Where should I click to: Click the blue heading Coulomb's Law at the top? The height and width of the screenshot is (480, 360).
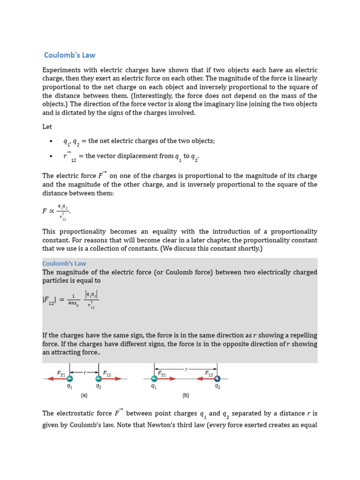69,55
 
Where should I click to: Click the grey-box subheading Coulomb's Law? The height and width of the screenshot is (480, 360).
64,263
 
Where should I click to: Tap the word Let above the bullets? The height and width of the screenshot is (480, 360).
47,127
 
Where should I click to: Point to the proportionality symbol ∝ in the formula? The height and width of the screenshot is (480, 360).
52,211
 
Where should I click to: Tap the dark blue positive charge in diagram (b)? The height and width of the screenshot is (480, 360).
217,378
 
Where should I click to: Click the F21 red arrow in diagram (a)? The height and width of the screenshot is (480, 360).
56,378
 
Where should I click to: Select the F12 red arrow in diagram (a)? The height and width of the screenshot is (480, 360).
112,378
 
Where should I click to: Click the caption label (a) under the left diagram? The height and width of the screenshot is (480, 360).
84,395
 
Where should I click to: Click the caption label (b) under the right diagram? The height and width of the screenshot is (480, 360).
186,395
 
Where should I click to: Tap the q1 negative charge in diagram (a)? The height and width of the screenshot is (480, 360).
70,378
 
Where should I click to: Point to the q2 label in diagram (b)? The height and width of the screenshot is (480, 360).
217,387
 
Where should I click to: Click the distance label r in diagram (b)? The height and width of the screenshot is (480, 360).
186,369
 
